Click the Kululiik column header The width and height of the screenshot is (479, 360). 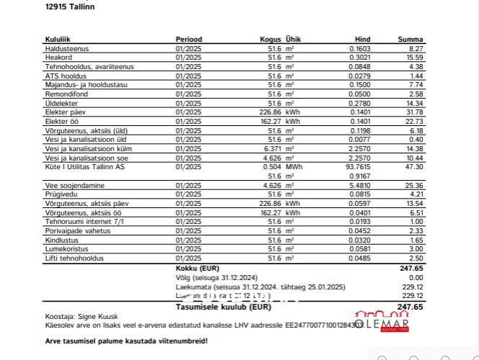point(58,39)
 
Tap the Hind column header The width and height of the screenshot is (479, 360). point(362,39)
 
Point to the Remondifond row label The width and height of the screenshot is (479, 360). point(66,94)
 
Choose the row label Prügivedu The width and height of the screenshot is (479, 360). point(61,194)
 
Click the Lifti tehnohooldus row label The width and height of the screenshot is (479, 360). point(74,258)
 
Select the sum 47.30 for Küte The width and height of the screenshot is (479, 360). point(413,166)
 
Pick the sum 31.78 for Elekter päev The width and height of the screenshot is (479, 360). point(413,112)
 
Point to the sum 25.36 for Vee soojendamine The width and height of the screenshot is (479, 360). point(413,185)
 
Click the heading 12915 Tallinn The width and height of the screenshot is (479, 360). point(70,6)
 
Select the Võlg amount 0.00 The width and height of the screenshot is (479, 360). point(416,277)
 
